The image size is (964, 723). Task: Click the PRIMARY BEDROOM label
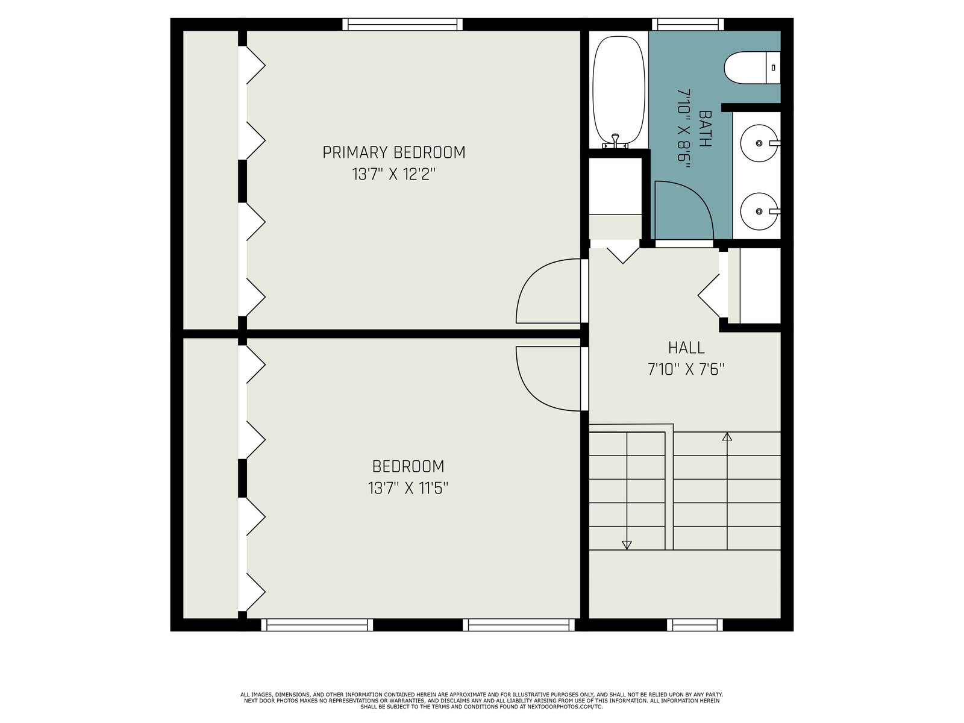(393, 152)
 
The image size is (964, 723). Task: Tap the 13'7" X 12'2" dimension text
(393, 174)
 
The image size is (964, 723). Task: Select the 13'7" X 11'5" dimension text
(408, 487)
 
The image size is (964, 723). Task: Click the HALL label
(686, 348)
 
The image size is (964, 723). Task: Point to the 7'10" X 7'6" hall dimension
(686, 369)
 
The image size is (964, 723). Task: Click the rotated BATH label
(704, 128)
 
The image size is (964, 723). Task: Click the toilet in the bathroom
(752, 67)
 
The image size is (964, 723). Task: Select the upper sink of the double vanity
(760, 143)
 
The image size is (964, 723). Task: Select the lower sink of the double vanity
(760, 211)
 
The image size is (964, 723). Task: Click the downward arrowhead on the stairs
(627, 545)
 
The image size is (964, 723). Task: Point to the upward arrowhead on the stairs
(727, 437)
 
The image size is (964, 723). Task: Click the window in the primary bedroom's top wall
(402, 24)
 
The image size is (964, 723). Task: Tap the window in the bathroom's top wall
(688, 24)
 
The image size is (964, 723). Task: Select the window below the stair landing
(694, 625)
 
